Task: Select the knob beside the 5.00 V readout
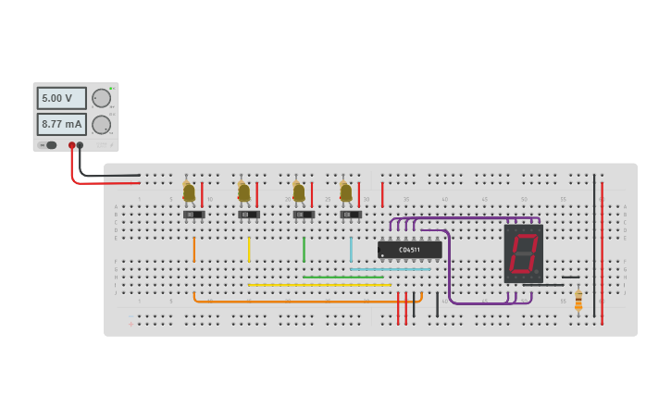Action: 101,98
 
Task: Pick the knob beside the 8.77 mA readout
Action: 101,125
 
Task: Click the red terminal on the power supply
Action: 71,145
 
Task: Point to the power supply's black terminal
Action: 81,145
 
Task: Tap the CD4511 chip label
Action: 409,250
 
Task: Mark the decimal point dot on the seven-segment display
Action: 536,272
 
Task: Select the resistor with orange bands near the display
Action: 578,301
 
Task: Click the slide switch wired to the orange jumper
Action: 193,215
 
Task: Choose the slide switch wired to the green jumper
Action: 304,215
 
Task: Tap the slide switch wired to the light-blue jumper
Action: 351,215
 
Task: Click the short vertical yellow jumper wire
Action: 248,249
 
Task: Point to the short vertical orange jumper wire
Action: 193,249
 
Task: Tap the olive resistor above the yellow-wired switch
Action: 243,191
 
